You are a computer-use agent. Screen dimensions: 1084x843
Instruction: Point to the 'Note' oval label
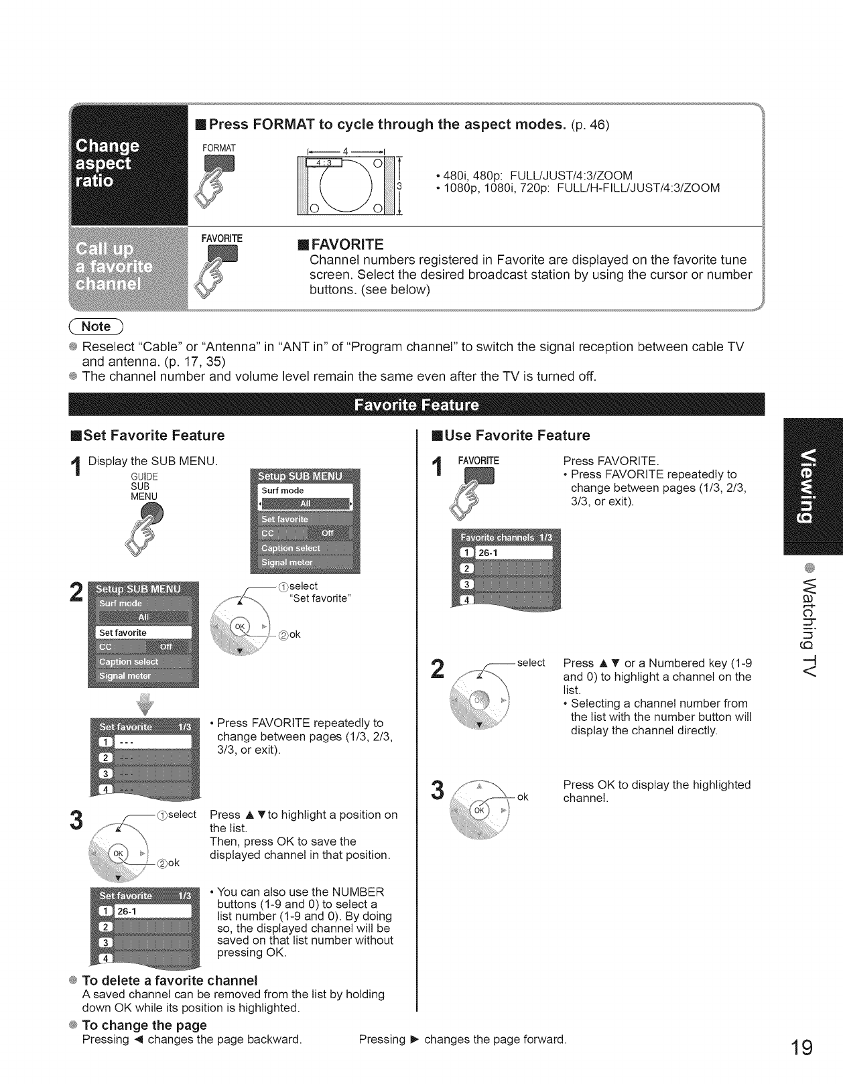coord(96,326)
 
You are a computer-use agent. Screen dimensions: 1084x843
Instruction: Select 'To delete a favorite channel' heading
coord(159,981)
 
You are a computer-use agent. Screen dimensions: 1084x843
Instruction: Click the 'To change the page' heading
coord(144,1025)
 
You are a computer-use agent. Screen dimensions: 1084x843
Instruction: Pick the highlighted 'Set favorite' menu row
coord(143,632)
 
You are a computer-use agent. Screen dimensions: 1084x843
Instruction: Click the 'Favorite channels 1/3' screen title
coord(506,537)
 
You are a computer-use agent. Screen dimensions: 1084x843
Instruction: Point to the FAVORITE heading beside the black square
coord(346,243)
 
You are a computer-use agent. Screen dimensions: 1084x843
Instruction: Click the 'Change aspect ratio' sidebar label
coord(108,163)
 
